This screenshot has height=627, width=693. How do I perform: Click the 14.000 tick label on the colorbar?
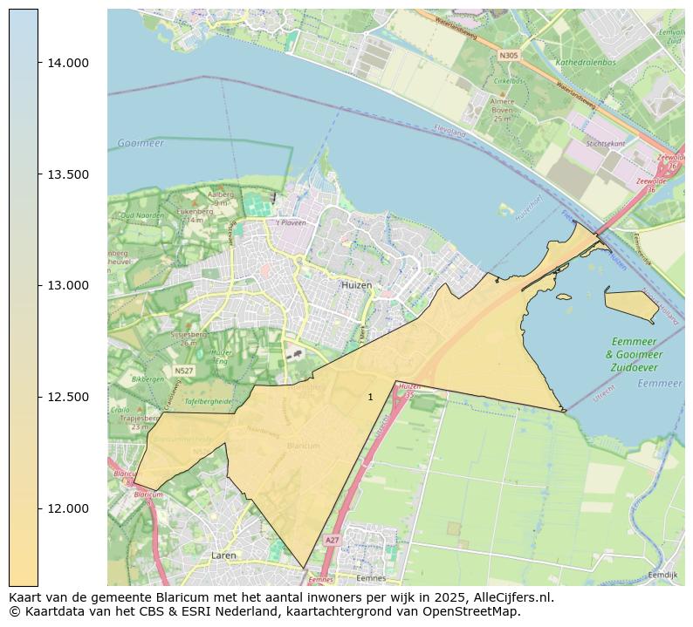coord(68,63)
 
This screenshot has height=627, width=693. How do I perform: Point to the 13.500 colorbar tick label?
coord(68,174)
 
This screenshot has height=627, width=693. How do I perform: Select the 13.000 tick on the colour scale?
coord(68,286)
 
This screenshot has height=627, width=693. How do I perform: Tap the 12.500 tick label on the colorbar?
coord(68,398)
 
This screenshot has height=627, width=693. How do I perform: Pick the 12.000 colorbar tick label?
coord(68,509)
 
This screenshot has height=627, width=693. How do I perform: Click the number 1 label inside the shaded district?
coord(370,397)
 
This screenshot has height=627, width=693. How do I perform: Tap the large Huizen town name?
coord(356,285)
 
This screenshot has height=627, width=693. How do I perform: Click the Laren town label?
coord(223,555)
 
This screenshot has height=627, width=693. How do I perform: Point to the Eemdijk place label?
coord(663,575)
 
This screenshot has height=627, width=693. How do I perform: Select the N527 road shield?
coord(183,371)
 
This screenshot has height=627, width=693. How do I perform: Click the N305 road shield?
coord(508,55)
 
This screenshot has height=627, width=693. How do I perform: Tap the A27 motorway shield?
coord(332,541)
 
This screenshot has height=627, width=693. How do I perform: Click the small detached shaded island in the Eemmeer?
coord(631,303)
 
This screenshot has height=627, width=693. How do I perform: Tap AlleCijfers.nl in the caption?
coord(513,597)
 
